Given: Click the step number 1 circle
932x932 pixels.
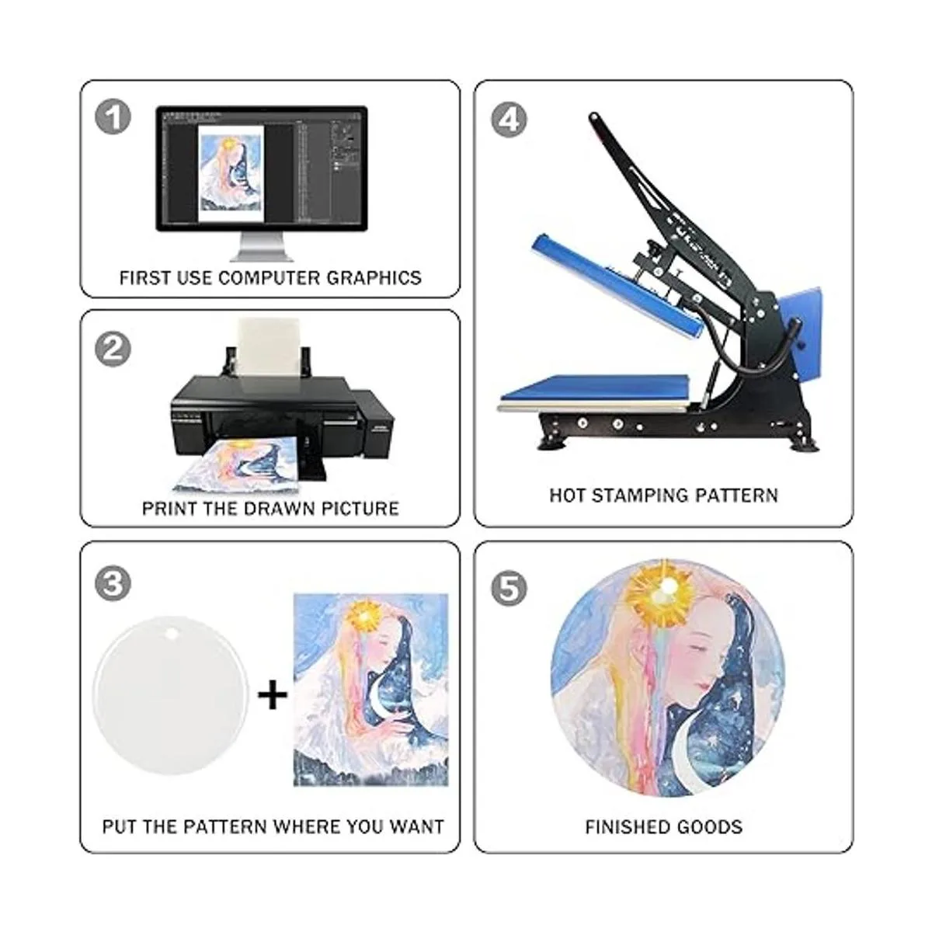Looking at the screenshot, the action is tap(113, 117).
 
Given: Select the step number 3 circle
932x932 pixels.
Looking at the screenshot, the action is tap(113, 583).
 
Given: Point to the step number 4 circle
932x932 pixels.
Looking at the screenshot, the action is tap(509, 119).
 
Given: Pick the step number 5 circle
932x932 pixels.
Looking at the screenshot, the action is tap(509, 588).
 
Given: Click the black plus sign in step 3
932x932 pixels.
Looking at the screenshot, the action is tap(273, 695).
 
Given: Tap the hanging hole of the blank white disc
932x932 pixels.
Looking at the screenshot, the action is tap(171, 634).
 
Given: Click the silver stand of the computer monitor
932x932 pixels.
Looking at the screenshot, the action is tap(262, 246).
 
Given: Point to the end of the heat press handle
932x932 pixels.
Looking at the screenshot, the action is tap(592, 117).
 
